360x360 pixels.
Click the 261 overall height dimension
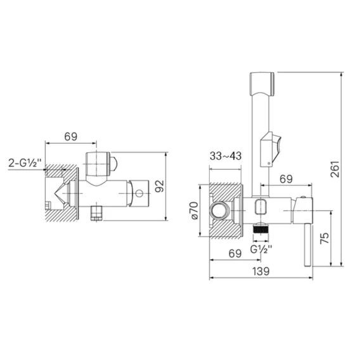tap(335, 169)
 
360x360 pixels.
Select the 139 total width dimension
tap(261, 271)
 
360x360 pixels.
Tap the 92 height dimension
tap(160, 186)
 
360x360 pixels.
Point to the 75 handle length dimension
tap(324, 238)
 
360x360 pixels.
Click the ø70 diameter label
tap(194, 210)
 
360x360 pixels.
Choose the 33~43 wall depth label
tap(226, 156)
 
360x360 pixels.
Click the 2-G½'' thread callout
tap(25, 163)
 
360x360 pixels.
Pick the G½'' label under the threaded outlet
tap(261, 249)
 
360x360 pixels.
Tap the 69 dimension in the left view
tap(71, 137)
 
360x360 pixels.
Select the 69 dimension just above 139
tap(235, 254)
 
